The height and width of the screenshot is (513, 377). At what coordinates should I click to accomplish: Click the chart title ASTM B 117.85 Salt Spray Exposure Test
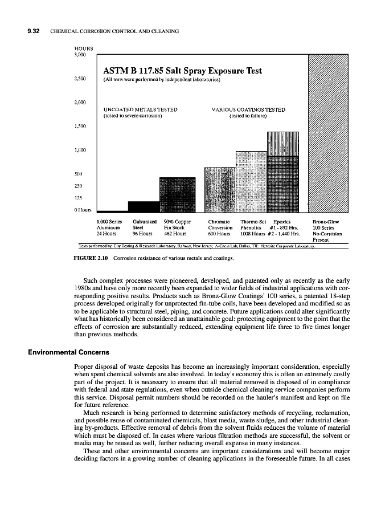tap(182, 71)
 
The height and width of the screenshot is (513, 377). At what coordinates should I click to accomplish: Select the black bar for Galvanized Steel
tap(144, 206)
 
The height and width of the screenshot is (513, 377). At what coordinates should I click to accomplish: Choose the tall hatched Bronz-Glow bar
tap(324, 132)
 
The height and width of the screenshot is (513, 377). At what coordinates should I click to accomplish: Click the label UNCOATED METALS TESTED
tap(140, 109)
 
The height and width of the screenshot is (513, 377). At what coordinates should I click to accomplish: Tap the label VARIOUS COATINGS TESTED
tap(248, 109)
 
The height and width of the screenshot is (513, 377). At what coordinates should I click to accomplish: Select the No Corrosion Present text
tap(327, 237)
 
